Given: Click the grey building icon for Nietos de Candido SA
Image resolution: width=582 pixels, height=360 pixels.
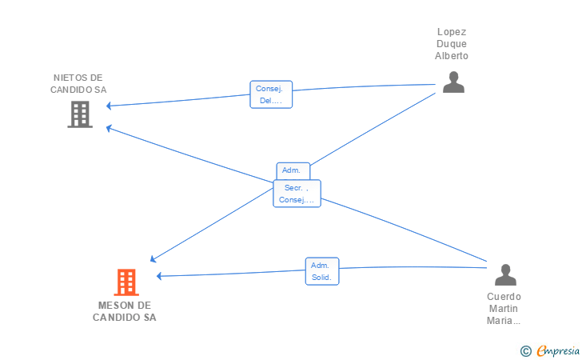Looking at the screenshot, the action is tap(80, 114).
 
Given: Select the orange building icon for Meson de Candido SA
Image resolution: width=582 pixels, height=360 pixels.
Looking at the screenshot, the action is tap(126, 282).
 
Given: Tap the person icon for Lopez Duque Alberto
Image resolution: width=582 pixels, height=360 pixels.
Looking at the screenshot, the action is tap(453, 82).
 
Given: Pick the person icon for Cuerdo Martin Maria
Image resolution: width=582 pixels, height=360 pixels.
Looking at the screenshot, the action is tap(505, 275).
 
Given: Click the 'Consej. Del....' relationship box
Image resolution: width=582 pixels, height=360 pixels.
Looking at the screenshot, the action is tap(271, 94).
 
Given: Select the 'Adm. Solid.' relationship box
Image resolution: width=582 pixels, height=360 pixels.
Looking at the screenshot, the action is tap(322, 271).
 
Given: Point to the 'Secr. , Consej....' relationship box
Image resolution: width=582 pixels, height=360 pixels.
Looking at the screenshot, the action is tap(297, 194).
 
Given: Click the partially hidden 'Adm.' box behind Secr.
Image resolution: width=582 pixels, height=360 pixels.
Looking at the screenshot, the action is tap(293, 171).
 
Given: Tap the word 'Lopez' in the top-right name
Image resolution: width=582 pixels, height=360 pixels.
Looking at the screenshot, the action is tap(452, 32).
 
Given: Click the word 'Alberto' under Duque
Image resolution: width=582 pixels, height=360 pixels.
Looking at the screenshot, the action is tap(452, 56).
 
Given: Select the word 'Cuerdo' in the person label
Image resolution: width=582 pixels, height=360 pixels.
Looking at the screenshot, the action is tap(504, 297).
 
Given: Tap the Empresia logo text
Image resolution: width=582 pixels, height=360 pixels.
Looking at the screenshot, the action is tap(558, 350).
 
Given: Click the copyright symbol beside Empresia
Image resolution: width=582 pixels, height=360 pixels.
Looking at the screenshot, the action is tap(526, 351).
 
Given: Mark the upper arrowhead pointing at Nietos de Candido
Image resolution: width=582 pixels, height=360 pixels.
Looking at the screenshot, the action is tap(109, 106).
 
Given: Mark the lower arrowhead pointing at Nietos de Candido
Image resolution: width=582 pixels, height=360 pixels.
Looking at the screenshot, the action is tap(109, 129).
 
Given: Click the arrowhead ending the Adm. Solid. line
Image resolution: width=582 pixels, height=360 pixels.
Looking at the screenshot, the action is tap(159, 276).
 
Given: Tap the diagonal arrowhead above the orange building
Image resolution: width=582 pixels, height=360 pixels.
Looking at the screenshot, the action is tap(153, 259).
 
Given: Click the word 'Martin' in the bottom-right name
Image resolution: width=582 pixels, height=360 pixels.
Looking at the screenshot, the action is tap(504, 308).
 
